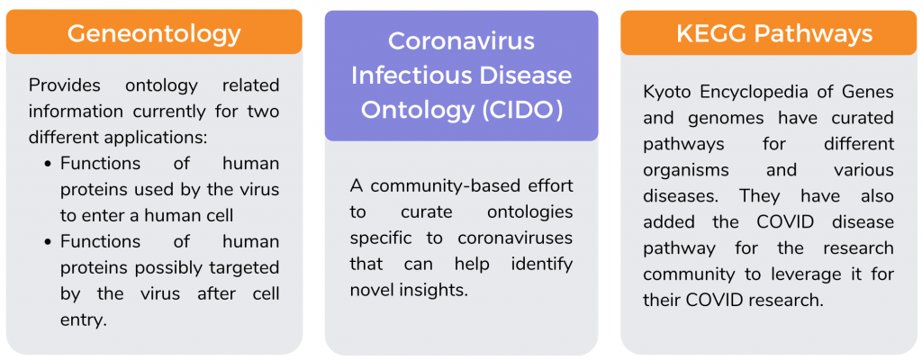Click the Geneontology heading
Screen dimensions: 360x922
pos(154,33)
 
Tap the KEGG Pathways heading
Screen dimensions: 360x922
pos(774,33)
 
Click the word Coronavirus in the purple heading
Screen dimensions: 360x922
pos(461,41)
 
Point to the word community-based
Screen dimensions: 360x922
pos(440,186)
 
